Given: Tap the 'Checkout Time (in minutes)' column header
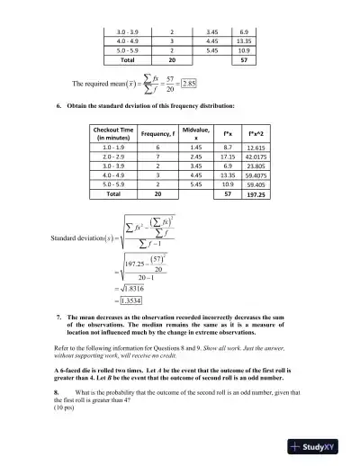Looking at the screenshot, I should pyautogui.click(x=114, y=134).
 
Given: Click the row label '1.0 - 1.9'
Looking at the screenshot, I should pyautogui.click(x=114, y=147).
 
